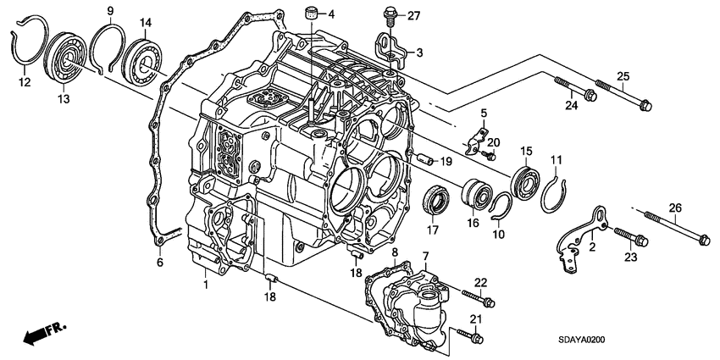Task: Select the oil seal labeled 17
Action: [x=436, y=202]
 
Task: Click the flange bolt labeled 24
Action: [x=578, y=90]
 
